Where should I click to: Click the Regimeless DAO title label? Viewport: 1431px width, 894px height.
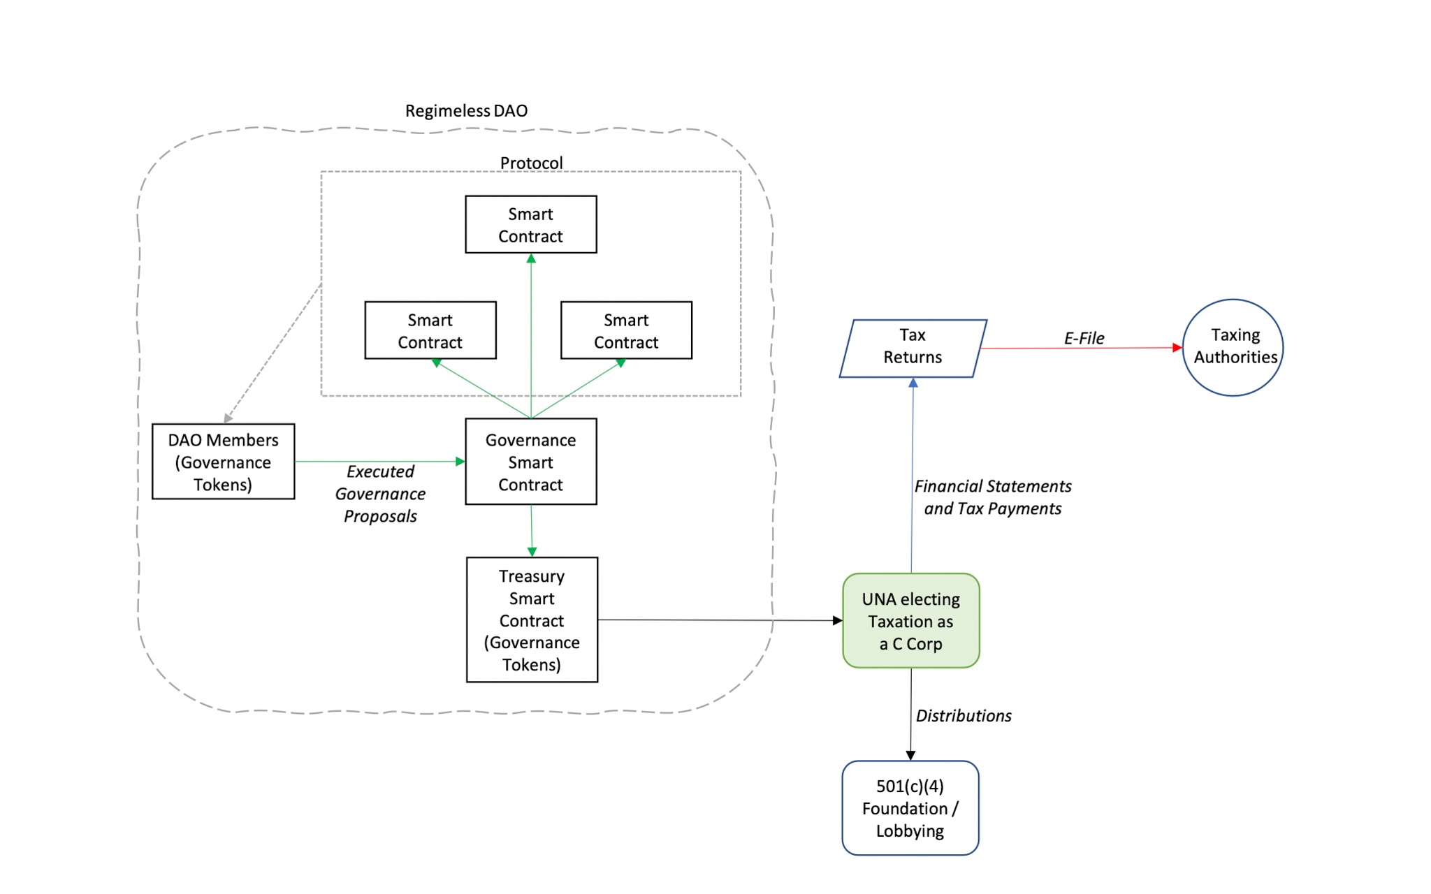click(x=466, y=111)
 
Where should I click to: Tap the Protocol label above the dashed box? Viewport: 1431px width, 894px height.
click(x=531, y=163)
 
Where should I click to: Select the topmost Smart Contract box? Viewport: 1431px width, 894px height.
click(x=531, y=224)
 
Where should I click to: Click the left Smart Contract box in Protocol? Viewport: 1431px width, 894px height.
click(x=430, y=330)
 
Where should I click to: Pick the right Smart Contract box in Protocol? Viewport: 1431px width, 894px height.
click(x=626, y=330)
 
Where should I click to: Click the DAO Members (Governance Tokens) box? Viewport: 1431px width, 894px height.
click(x=223, y=462)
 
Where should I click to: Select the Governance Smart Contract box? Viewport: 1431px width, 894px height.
click(x=531, y=462)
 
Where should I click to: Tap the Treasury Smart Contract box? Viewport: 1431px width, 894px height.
click(x=532, y=620)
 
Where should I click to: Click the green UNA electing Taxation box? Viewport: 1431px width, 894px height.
click(x=910, y=621)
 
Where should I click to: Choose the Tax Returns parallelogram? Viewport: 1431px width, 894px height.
click(x=913, y=349)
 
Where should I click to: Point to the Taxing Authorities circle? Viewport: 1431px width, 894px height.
click(x=1233, y=348)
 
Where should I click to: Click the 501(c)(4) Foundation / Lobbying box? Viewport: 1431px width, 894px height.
click(x=910, y=808)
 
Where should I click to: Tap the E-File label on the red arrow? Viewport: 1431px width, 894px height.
click(x=1084, y=339)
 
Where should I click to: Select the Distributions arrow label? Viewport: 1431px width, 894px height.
click(x=964, y=716)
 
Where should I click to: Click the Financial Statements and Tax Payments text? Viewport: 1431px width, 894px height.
click(x=992, y=497)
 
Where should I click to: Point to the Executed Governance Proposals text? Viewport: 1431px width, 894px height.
click(x=380, y=494)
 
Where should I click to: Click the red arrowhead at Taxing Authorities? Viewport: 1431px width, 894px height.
click(x=1177, y=347)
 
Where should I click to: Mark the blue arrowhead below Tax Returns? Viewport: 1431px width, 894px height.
click(x=913, y=383)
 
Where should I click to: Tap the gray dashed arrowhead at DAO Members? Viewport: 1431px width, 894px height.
click(x=228, y=418)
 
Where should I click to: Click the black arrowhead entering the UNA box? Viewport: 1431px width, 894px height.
click(x=838, y=620)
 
